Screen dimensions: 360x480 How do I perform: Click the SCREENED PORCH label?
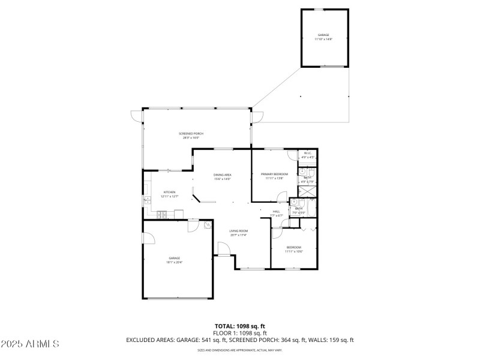pos(191,133)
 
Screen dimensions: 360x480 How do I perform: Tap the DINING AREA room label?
pos(222,175)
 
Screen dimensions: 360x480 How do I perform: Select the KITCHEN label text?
pos(169,192)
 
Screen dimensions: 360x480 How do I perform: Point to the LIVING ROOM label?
pos(238,230)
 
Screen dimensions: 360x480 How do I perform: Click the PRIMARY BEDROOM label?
pos(274,174)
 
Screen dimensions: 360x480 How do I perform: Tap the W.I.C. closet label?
pos(307,154)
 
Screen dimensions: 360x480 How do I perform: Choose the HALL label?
pos(277,211)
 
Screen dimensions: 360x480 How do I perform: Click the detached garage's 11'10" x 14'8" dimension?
pos(323,39)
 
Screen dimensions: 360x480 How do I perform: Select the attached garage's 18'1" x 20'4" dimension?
pos(175,262)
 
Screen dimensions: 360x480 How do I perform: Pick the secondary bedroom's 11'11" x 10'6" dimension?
pos(293,251)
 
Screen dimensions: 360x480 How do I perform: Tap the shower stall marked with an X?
pos(308,191)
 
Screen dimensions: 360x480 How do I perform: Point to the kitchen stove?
pos(161,214)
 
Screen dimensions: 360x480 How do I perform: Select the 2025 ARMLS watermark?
pos(30,344)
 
